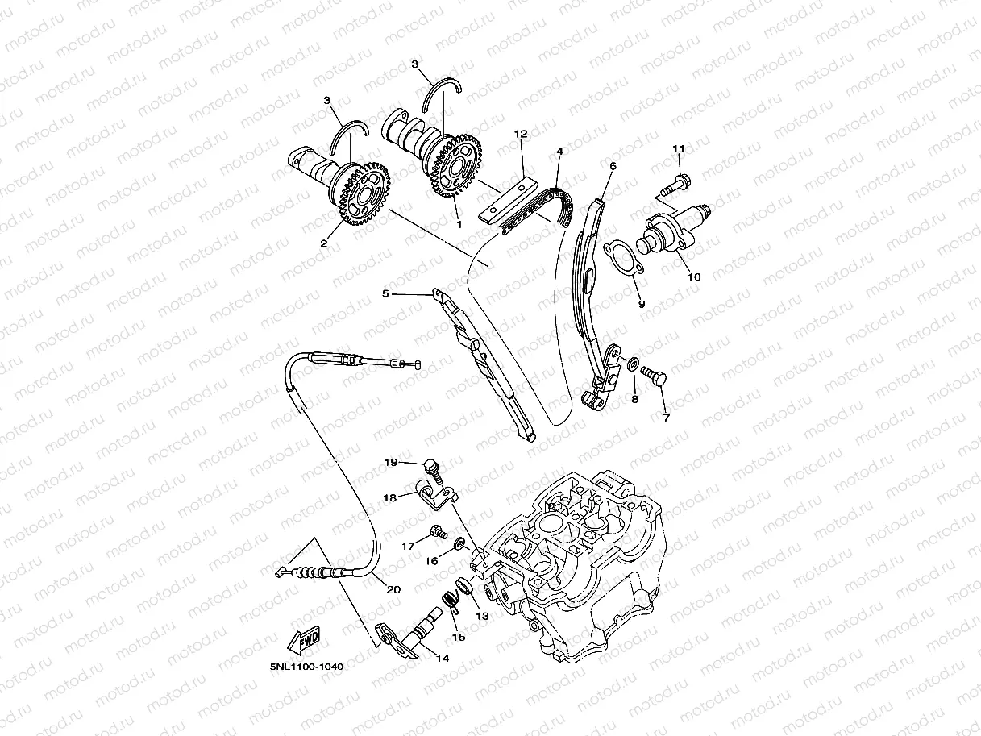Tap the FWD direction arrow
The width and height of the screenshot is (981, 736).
[x=303, y=641]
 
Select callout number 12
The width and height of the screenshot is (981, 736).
[x=520, y=133]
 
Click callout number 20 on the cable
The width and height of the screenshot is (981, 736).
[x=393, y=589]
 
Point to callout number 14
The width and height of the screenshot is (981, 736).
[x=442, y=658]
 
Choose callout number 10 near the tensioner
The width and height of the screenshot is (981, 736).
[x=694, y=277]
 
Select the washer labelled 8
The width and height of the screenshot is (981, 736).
[x=634, y=367]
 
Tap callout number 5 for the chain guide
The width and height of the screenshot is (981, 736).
[x=385, y=294]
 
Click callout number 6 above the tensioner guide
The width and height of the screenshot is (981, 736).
[x=613, y=166]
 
